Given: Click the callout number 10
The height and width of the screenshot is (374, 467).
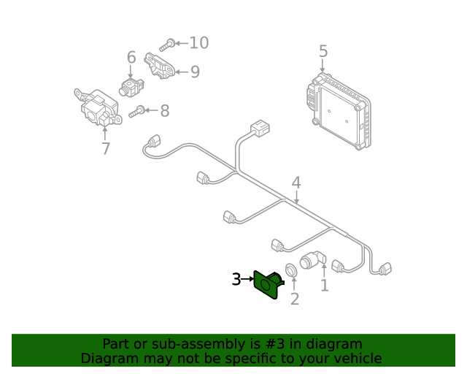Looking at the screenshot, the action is [x=199, y=43].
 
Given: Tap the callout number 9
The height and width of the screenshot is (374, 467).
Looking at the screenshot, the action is [x=195, y=72].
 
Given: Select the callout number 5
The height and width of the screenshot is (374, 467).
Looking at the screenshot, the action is [x=323, y=51].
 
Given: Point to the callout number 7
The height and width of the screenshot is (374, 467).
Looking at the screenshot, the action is [x=106, y=148].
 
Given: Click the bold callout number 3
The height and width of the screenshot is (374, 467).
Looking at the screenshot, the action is [x=236, y=280].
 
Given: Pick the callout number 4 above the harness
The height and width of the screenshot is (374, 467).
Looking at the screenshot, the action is [x=296, y=183].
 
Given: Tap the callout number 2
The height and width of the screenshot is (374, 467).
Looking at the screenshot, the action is [x=295, y=299].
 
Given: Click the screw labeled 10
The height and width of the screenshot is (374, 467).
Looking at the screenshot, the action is [x=167, y=45].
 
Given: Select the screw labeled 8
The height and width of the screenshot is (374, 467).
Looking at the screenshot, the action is [x=137, y=112].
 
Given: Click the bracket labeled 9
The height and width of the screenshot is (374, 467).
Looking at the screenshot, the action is [x=159, y=66].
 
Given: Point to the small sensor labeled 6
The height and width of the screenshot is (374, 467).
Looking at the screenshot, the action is [x=131, y=87].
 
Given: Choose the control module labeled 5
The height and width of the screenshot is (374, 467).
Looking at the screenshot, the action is [x=339, y=111].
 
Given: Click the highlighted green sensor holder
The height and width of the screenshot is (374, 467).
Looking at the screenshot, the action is [x=268, y=284].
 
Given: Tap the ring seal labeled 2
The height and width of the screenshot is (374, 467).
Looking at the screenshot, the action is [x=291, y=270].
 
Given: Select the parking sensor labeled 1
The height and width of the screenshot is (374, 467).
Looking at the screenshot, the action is [x=313, y=259].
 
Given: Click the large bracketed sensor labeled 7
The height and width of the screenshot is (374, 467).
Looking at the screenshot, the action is [x=98, y=107].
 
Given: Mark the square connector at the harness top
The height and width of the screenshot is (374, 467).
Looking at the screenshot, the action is [x=260, y=129].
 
